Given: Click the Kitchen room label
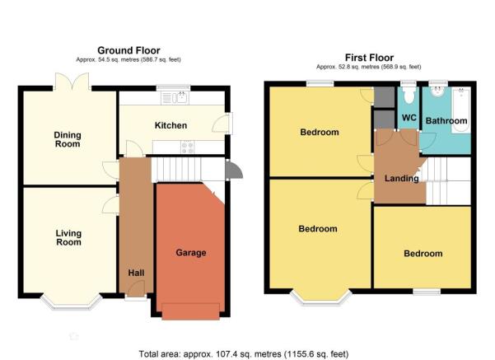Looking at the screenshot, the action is click(x=170, y=125).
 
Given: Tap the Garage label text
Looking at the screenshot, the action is click(x=191, y=253).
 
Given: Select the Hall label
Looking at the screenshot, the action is click(x=137, y=273).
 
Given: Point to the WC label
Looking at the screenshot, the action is click(x=409, y=118).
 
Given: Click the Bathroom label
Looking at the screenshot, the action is click(x=446, y=120).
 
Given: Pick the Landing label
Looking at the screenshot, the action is click(x=402, y=179).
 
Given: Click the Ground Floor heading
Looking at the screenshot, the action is click(x=128, y=50).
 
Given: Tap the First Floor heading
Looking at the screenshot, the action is click(x=369, y=58).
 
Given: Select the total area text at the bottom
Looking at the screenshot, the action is click(x=244, y=354).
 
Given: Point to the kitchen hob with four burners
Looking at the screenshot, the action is click(x=188, y=147).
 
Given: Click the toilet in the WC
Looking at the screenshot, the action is click(x=409, y=94).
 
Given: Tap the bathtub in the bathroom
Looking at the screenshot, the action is click(x=461, y=110).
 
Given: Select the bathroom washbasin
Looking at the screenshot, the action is click(x=438, y=91).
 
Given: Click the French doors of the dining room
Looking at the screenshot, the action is click(x=72, y=82).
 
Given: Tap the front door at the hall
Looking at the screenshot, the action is click(x=136, y=289).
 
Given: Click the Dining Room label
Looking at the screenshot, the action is click(x=68, y=139).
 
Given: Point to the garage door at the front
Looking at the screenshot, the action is click(x=191, y=311).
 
